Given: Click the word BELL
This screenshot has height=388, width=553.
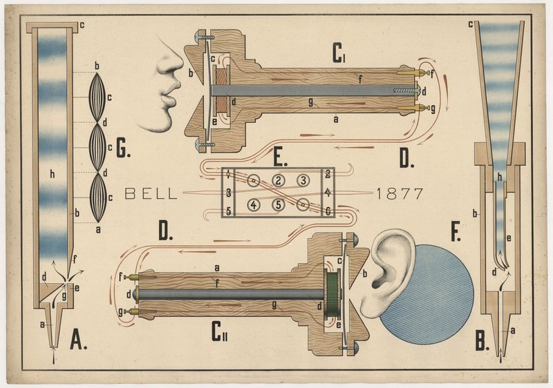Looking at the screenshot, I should pos(150,194).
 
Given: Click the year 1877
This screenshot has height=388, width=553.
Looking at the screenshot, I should pos(400,194).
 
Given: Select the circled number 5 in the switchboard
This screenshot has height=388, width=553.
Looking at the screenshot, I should pos(277,204).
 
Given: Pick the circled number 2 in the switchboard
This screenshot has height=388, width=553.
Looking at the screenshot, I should pos(278,181).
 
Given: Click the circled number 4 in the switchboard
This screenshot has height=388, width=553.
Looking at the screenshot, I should pos(254,204).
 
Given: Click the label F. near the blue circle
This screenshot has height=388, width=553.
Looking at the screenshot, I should pos(456,233).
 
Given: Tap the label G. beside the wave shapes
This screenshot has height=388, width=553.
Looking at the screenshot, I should pos(124,148).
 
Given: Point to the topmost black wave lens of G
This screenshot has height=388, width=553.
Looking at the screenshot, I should pos(98,96).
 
